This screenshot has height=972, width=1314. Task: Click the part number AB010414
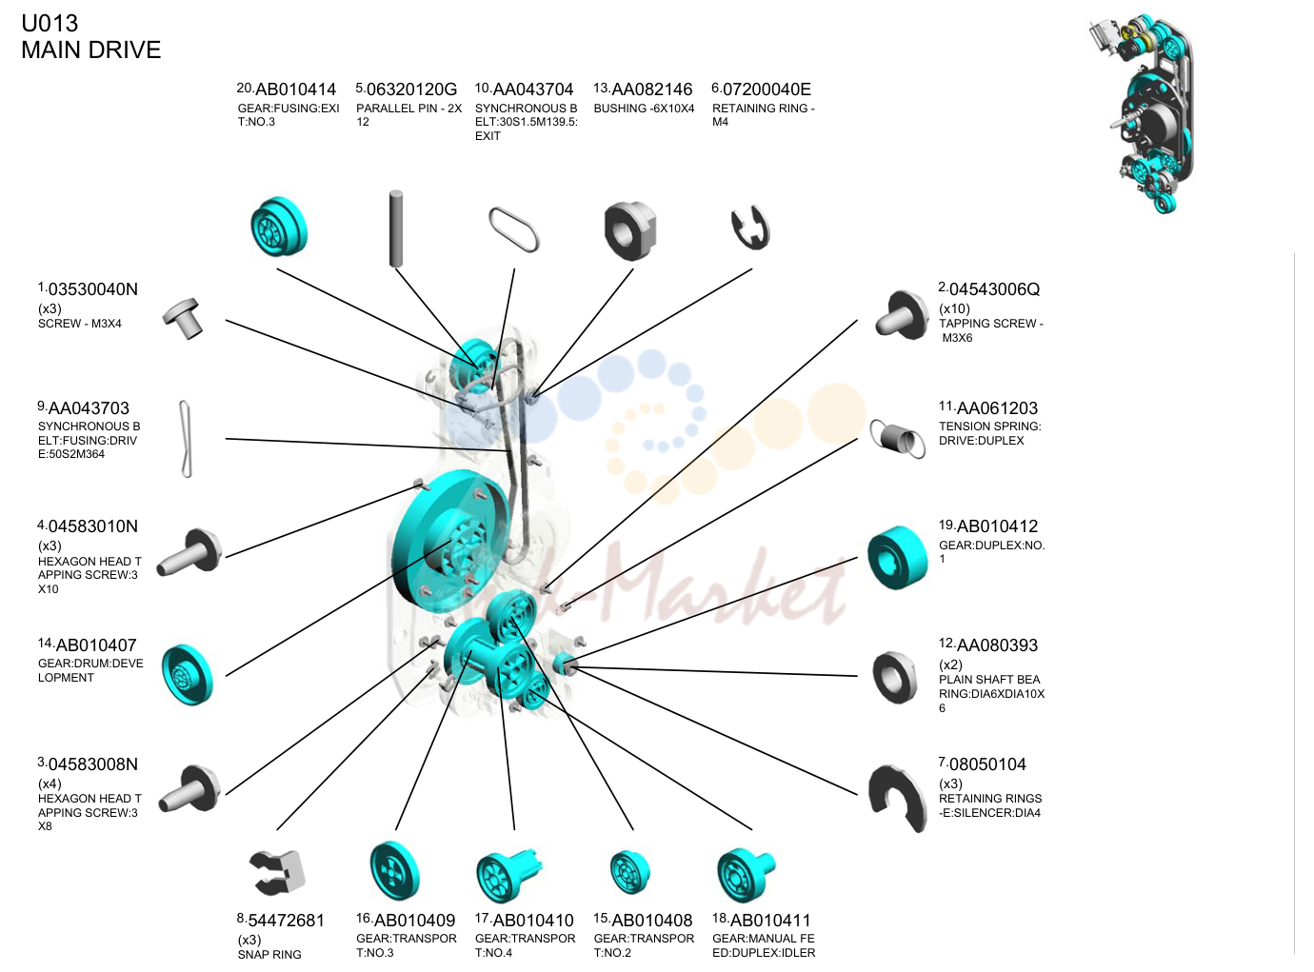tap(295, 89)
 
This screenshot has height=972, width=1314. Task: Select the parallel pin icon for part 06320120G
tap(396, 228)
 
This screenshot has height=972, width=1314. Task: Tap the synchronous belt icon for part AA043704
tap(513, 229)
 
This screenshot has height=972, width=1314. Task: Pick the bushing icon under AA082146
tap(630, 230)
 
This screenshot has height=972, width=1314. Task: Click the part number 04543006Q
tap(994, 289)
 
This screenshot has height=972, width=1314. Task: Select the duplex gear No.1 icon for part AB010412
tap(898, 557)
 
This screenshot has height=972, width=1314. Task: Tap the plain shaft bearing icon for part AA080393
tap(894, 678)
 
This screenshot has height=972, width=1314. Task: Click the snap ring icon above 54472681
tap(277, 872)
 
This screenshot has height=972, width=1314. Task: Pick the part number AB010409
tap(415, 921)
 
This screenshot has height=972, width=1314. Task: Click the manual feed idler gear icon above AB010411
tap(745, 874)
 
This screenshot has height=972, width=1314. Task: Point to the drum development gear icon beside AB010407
tap(188, 675)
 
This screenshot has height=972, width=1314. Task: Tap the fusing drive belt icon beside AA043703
tap(186, 439)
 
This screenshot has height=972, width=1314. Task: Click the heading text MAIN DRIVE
tap(91, 50)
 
